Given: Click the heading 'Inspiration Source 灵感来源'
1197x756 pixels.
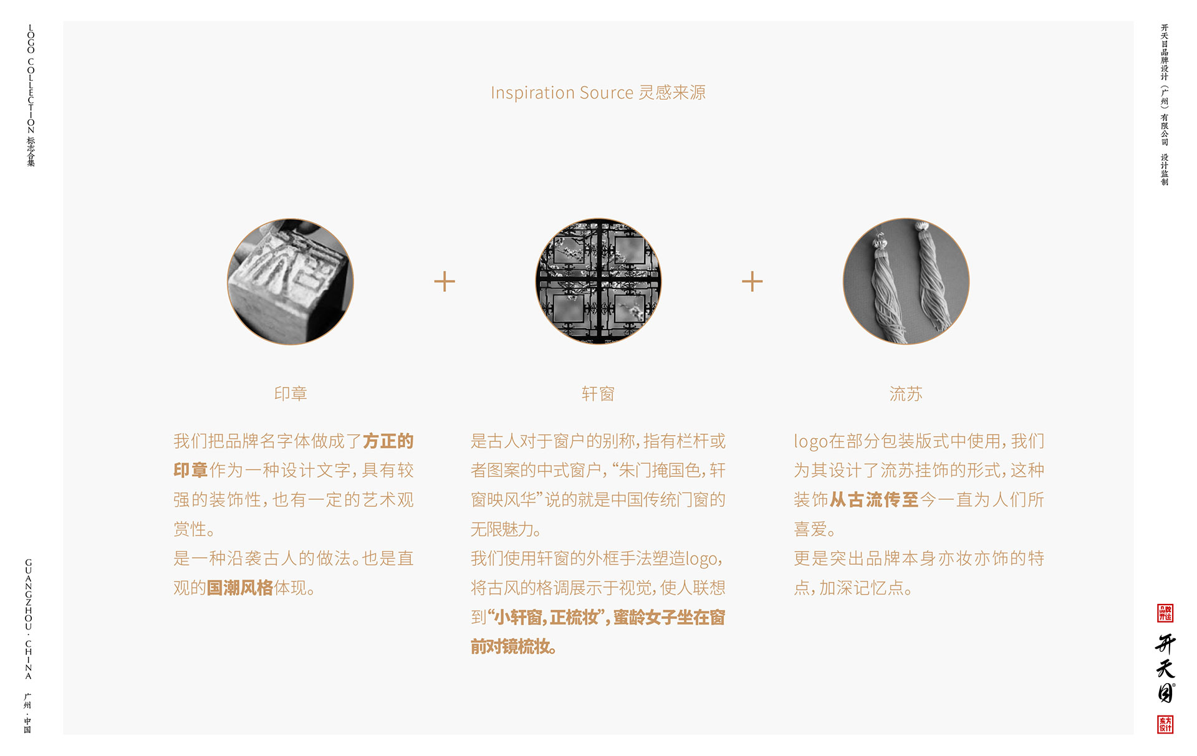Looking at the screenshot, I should [x=598, y=93].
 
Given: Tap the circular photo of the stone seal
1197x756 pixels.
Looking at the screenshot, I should [x=290, y=282].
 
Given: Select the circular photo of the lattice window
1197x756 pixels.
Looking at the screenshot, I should [x=598, y=282].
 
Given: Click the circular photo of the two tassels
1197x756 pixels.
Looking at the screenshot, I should [x=906, y=282].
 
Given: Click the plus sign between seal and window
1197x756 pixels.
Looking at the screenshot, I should [x=445, y=282].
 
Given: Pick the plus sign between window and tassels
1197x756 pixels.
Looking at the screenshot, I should [x=752, y=282].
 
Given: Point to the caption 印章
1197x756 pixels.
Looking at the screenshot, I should [x=291, y=394].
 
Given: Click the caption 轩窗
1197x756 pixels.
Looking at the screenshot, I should [x=598, y=394].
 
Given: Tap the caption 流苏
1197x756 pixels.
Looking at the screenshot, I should [x=906, y=394].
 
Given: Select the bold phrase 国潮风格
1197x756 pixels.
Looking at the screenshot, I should [x=240, y=588].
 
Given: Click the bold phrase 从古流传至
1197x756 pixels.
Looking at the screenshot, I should [x=874, y=500].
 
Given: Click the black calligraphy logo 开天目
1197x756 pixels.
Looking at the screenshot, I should [x=1165, y=668].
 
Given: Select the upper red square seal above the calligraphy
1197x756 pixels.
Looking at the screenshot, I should [x=1165, y=613].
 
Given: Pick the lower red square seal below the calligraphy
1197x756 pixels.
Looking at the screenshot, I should [x=1165, y=724].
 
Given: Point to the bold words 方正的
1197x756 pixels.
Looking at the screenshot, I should [x=388, y=441].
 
